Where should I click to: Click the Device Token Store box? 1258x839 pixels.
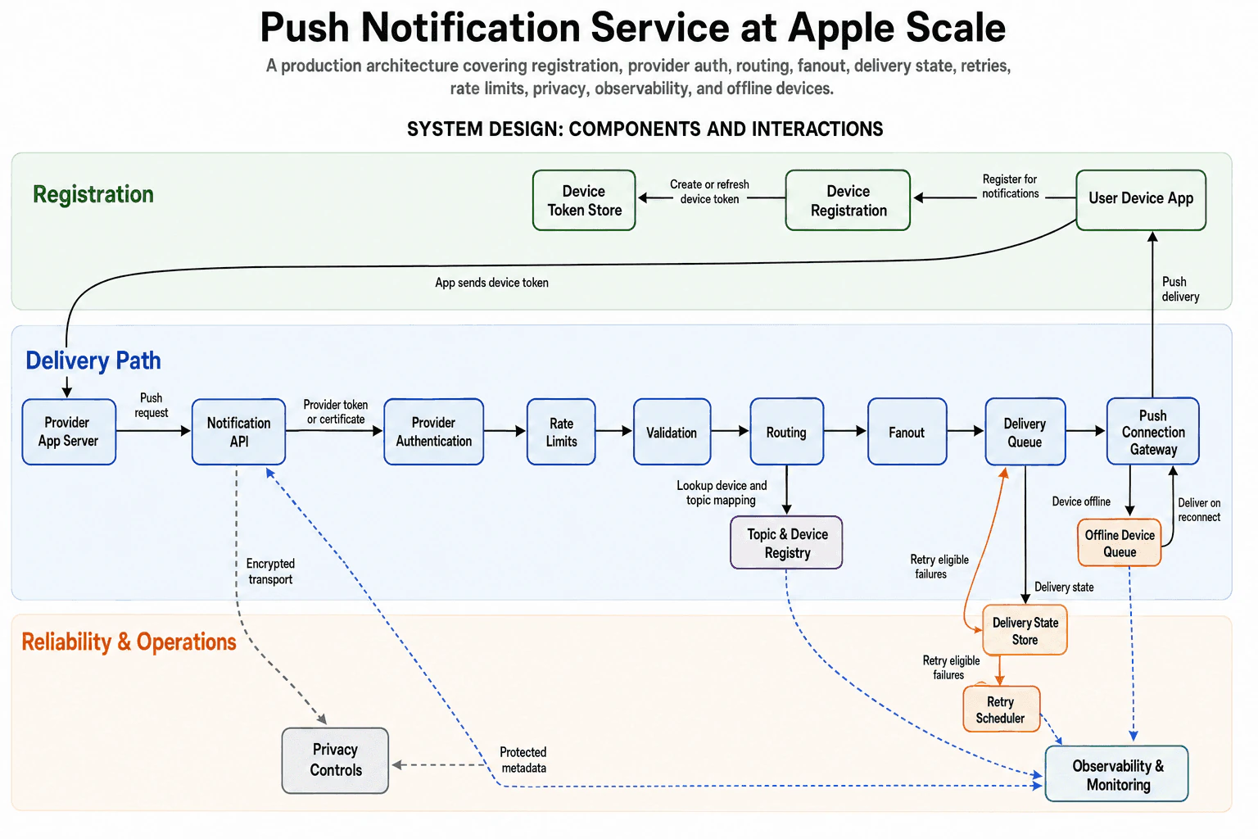583,200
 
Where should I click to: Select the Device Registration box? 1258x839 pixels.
848,200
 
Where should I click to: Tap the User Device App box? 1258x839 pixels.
1141,200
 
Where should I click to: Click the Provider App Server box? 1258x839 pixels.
69,432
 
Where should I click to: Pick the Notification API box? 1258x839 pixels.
238,432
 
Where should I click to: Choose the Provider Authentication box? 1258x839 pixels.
433,432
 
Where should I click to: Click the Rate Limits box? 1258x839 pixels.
561,432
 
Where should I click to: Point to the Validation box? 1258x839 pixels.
672,432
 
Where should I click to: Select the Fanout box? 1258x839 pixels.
907,432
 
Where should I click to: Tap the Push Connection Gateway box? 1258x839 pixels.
1153,432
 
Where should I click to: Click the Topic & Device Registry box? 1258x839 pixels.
786,542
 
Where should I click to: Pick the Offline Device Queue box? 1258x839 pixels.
1120,542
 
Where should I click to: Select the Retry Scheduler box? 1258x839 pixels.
1002,709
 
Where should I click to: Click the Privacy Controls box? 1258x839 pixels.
335,760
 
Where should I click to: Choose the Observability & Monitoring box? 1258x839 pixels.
1116,773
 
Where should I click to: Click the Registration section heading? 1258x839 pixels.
93,194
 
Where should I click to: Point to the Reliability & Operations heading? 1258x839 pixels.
129,642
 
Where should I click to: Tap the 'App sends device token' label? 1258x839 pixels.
491,283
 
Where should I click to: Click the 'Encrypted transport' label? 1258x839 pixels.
270,571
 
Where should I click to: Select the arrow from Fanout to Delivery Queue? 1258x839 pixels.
966,431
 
